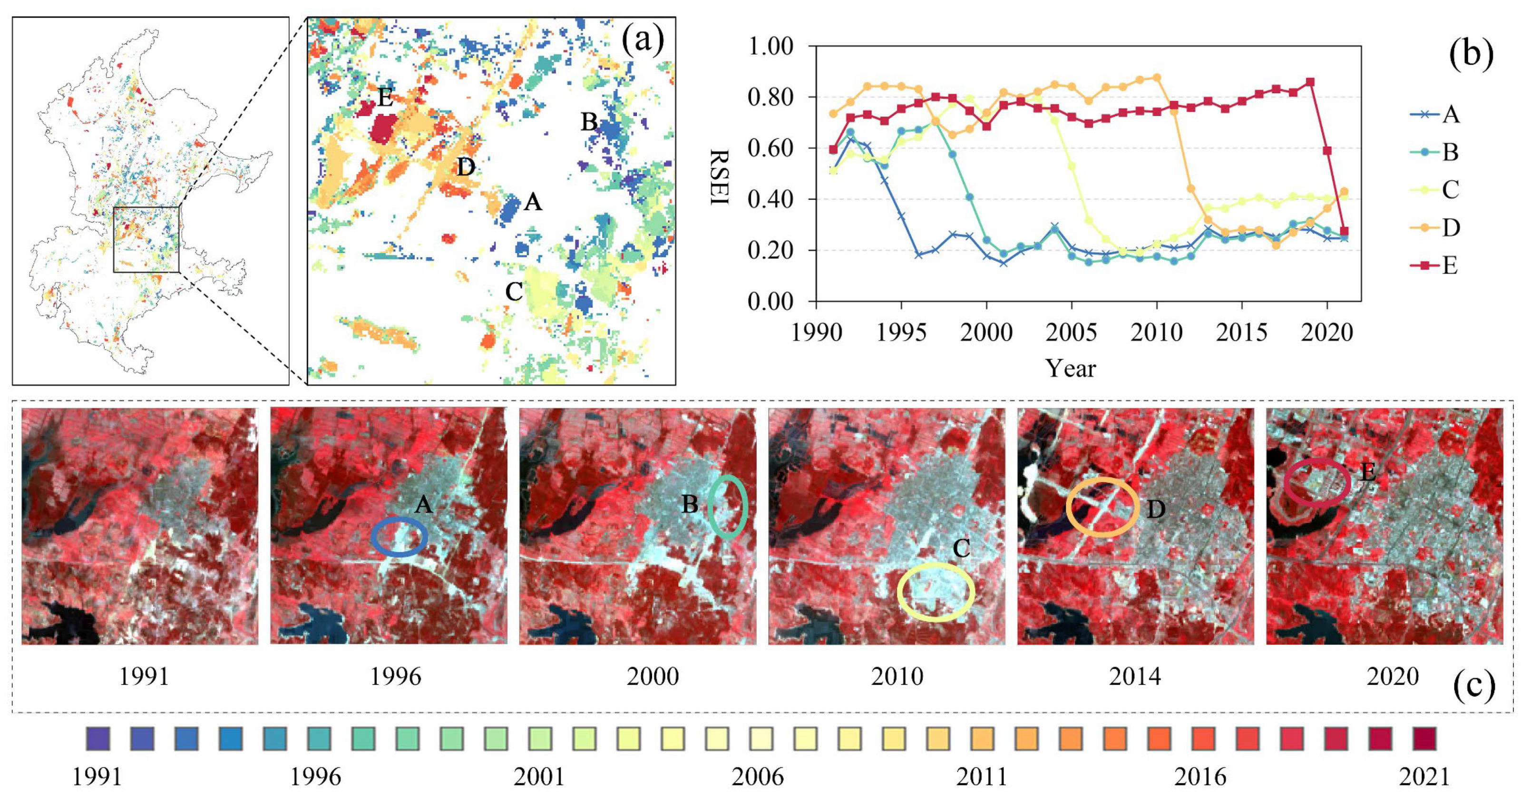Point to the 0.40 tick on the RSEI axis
[770, 199]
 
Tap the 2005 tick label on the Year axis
[1071, 333]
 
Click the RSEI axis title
[719, 176]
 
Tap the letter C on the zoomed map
[514, 291]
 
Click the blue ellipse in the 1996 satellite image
[399, 537]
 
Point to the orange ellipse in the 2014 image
[1102, 507]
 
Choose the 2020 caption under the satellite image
[1392, 676]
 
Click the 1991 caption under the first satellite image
[144, 676]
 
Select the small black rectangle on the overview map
[146, 239]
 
